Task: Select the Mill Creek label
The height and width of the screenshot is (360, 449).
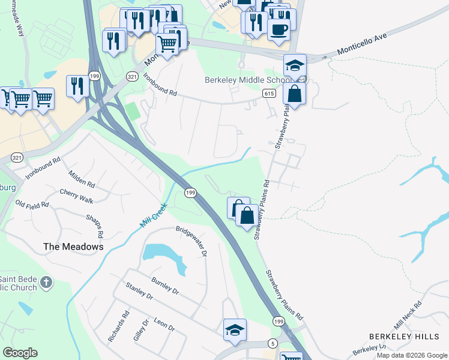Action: pyautogui.click(x=154, y=214)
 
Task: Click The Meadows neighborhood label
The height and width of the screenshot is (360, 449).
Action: pyautogui.click(x=73, y=247)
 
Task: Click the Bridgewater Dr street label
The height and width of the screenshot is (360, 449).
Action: pyautogui.click(x=191, y=241)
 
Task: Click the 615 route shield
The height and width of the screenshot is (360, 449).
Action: pyautogui.click(x=268, y=94)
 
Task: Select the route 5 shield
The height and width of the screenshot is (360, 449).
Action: pyautogui.click(x=273, y=343)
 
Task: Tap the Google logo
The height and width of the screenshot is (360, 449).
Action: pyautogui.click(x=20, y=353)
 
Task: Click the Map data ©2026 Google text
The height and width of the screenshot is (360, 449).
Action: pyautogui.click(x=411, y=355)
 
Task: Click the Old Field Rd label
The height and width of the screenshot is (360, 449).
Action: pyautogui.click(x=32, y=205)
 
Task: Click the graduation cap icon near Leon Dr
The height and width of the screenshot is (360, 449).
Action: pyautogui.click(x=235, y=329)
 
